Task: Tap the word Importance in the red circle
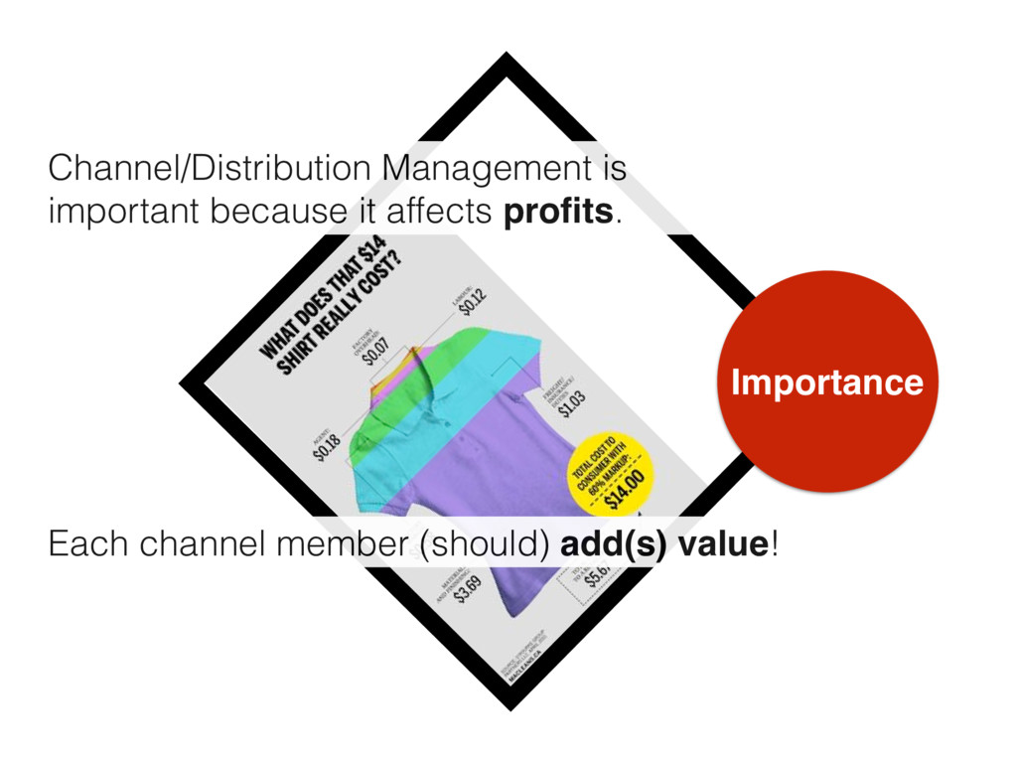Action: (x=826, y=382)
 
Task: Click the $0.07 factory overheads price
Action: (x=376, y=351)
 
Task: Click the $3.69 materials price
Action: (x=467, y=587)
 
